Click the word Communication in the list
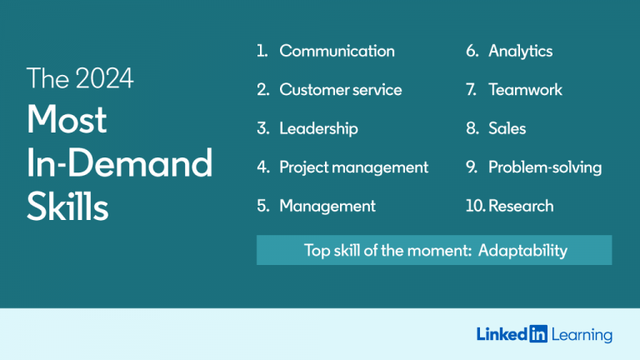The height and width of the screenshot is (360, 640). [x=337, y=51]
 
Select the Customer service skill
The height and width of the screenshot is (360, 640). [x=340, y=90]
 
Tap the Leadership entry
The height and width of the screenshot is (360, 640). [x=318, y=128]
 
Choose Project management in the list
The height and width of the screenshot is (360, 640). [x=353, y=167]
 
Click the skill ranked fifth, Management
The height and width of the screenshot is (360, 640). [x=327, y=206]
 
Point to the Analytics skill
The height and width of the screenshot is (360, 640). [x=520, y=51]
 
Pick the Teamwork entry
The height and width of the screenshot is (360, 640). [x=525, y=90]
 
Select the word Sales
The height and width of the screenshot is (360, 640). [x=507, y=128]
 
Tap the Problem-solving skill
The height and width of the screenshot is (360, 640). [x=544, y=167]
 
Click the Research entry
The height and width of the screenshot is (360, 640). [x=521, y=206]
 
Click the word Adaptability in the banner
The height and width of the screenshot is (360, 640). [x=522, y=251]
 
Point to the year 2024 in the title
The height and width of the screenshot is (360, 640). [x=105, y=78]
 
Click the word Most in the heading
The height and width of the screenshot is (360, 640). [x=67, y=120]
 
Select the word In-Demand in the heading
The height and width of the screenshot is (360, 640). [x=119, y=163]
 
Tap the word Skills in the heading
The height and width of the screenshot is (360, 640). [x=67, y=207]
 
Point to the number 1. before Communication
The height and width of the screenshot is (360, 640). [x=262, y=51]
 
